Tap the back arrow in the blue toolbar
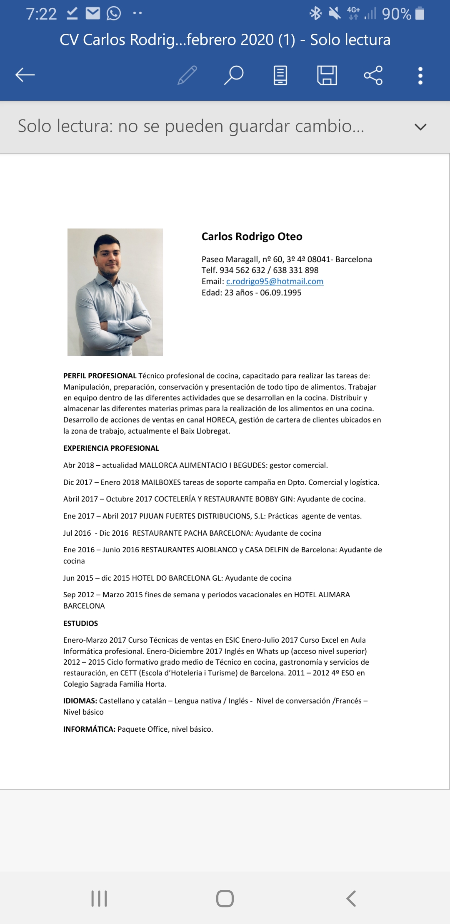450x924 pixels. [x=25, y=75]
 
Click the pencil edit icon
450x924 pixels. [x=187, y=75]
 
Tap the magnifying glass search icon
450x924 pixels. [x=234, y=75]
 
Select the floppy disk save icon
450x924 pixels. [x=327, y=75]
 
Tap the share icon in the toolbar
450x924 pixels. [x=373, y=75]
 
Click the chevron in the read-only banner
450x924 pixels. [x=421, y=127]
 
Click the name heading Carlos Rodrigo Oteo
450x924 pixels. [x=252, y=236]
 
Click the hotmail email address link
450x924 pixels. [x=275, y=281]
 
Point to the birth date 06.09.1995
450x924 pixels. [x=280, y=293]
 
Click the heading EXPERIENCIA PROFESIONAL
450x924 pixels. [x=111, y=448]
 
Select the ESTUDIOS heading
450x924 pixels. [x=80, y=623]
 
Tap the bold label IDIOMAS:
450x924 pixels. [x=80, y=701]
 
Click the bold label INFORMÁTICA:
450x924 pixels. [x=89, y=729]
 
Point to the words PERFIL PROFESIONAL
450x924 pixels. [x=100, y=376]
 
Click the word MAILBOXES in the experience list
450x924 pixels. [x=161, y=482]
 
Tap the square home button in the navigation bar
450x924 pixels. [x=225, y=898]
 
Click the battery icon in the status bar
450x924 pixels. [x=420, y=14]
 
